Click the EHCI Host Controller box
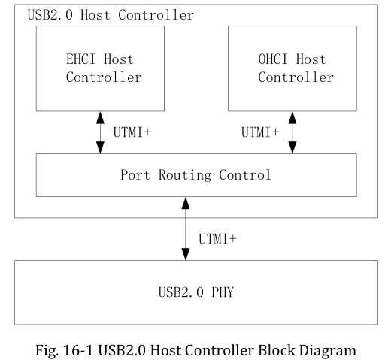click(x=101, y=67)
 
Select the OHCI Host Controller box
click(x=292, y=67)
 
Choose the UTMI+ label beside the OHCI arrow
click(x=260, y=132)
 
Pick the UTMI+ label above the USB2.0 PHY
click(x=219, y=238)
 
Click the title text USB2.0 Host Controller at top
click(x=110, y=14)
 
